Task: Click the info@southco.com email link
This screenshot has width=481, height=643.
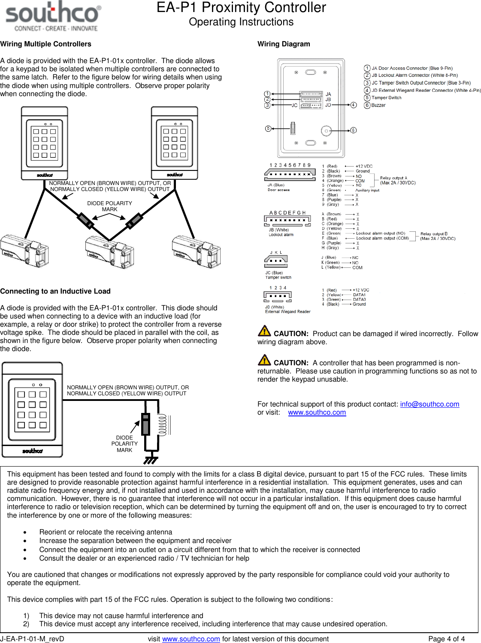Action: [430, 404]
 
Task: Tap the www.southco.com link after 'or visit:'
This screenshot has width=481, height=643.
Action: [317, 412]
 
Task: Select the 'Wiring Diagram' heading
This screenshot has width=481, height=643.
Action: [284, 44]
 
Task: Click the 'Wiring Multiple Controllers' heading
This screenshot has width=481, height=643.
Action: [46, 44]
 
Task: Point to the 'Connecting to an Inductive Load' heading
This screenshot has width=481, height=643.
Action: [55, 291]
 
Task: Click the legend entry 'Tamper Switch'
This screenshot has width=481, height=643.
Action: [386, 97]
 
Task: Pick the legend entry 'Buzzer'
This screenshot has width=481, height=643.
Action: [378, 105]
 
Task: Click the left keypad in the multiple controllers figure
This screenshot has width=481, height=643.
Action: [45, 143]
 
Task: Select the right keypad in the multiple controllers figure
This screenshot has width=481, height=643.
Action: [174, 143]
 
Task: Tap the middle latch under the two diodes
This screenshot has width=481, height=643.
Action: [109, 252]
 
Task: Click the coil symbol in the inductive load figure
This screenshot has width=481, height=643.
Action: [162, 425]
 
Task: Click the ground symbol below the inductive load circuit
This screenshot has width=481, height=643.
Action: [151, 460]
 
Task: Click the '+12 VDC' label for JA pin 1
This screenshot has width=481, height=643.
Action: [364, 166]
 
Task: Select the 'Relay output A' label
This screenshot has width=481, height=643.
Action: [393, 178]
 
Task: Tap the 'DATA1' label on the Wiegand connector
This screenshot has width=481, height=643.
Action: [359, 295]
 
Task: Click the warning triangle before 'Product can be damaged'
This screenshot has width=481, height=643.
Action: [264, 331]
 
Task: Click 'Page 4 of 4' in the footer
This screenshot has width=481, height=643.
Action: [446, 639]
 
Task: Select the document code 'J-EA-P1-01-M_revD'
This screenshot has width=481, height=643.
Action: [32, 639]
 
